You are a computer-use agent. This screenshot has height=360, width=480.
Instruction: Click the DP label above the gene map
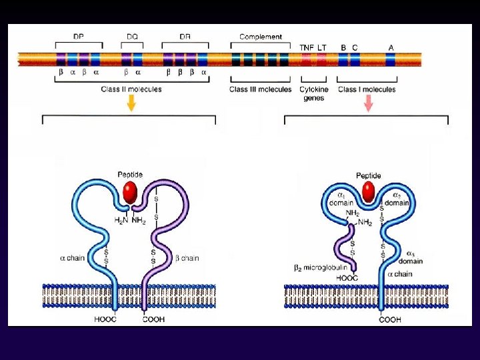(79, 37)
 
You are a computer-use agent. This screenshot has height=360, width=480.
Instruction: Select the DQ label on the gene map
(132, 37)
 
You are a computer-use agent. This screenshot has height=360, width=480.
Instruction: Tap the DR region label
(185, 37)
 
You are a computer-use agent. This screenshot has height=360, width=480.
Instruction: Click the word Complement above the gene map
(260, 37)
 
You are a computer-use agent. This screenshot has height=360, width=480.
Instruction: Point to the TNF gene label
(307, 47)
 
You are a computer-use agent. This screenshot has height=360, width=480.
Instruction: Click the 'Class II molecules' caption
(131, 89)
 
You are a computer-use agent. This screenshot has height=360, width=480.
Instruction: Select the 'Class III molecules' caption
(260, 89)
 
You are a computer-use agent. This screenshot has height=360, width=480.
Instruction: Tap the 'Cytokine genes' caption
(313, 93)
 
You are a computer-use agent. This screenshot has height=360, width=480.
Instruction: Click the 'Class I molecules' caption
(367, 89)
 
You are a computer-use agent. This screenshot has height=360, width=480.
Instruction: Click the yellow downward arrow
(131, 102)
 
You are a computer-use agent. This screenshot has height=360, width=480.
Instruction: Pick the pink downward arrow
(368, 102)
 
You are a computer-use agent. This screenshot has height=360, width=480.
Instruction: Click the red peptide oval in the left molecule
(131, 193)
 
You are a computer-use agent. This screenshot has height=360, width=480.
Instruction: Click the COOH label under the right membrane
(390, 320)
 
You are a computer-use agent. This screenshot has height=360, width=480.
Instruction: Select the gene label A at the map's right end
(391, 47)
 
